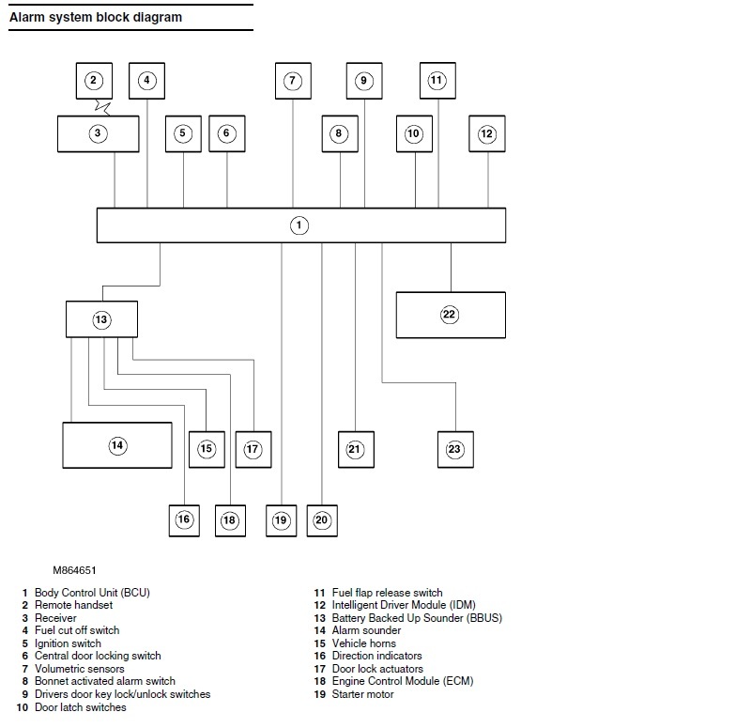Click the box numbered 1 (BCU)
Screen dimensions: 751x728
coord(300,225)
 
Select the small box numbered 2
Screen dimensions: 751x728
coord(94,81)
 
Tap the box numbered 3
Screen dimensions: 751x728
coord(99,133)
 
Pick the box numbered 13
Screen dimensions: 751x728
coord(101,319)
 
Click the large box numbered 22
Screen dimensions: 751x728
coord(451,315)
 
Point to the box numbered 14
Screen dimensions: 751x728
coord(117,445)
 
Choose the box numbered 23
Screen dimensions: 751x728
coord(455,450)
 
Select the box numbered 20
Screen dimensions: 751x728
coord(322,520)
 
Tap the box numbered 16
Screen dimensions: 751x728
coord(184,520)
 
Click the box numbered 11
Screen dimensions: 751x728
coord(437,81)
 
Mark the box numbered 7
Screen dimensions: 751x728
coord(293,81)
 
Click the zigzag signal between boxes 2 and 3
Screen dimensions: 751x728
coord(102,107)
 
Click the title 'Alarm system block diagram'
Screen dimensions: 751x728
coord(96,17)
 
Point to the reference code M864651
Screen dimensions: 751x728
coord(74,570)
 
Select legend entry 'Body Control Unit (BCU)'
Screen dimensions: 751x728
coord(92,593)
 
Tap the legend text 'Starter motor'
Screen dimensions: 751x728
coord(362,694)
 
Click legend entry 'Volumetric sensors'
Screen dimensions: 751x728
coord(79,669)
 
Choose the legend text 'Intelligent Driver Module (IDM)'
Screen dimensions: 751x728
coord(404,605)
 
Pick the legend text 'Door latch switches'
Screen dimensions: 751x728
coord(81,707)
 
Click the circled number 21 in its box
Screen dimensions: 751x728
coord(355,450)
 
